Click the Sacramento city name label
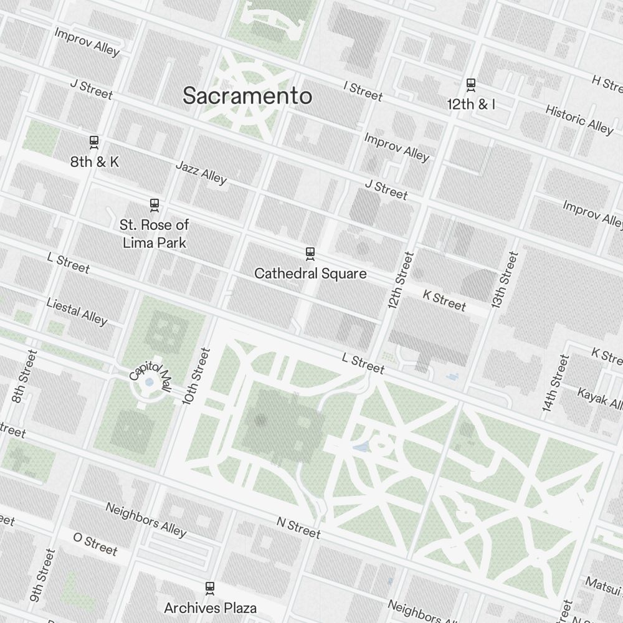pyautogui.click(x=247, y=96)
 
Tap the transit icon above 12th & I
pyautogui.click(x=471, y=84)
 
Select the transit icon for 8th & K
pyautogui.click(x=94, y=142)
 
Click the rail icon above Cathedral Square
pyautogui.click(x=310, y=253)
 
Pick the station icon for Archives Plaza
pyautogui.click(x=210, y=587)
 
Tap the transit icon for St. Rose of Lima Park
pyautogui.click(x=154, y=204)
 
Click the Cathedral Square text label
pyautogui.click(x=310, y=273)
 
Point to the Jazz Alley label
pyautogui.click(x=201, y=173)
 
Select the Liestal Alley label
pyautogui.click(x=77, y=311)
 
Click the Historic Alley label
pyautogui.click(x=579, y=119)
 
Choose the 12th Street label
pyautogui.click(x=400, y=280)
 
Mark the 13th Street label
pyautogui.click(x=505, y=280)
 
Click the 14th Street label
pyautogui.click(x=556, y=383)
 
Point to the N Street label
pyautogui.click(x=298, y=529)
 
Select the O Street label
pyautogui.click(x=95, y=543)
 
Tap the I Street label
pyautogui.click(x=363, y=91)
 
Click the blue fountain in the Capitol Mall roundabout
pyautogui.click(x=149, y=383)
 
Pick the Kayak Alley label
pyautogui.click(x=599, y=399)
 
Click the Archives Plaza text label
pyautogui.click(x=210, y=607)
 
